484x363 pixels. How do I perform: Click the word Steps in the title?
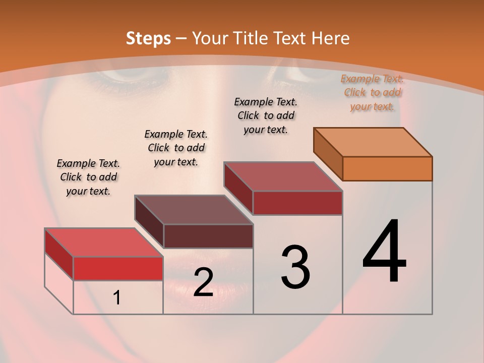(148, 38)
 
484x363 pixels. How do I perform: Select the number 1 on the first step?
(117, 298)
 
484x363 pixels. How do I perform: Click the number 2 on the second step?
(203, 282)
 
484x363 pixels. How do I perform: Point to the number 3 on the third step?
(295, 267)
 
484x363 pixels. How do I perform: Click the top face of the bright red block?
(103, 243)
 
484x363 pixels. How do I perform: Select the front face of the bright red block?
(118, 268)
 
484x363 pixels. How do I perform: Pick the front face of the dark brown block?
(208, 236)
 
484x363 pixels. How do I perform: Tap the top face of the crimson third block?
(283, 176)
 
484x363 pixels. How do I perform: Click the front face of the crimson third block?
(297, 203)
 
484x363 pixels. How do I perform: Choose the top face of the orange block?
(373, 142)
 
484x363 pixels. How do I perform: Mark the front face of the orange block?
(387, 168)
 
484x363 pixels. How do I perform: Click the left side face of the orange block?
(328, 154)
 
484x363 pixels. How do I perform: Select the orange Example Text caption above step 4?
(372, 92)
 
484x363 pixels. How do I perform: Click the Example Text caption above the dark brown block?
(176, 148)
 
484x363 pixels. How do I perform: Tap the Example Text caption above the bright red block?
(88, 177)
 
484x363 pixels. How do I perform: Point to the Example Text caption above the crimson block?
(266, 115)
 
